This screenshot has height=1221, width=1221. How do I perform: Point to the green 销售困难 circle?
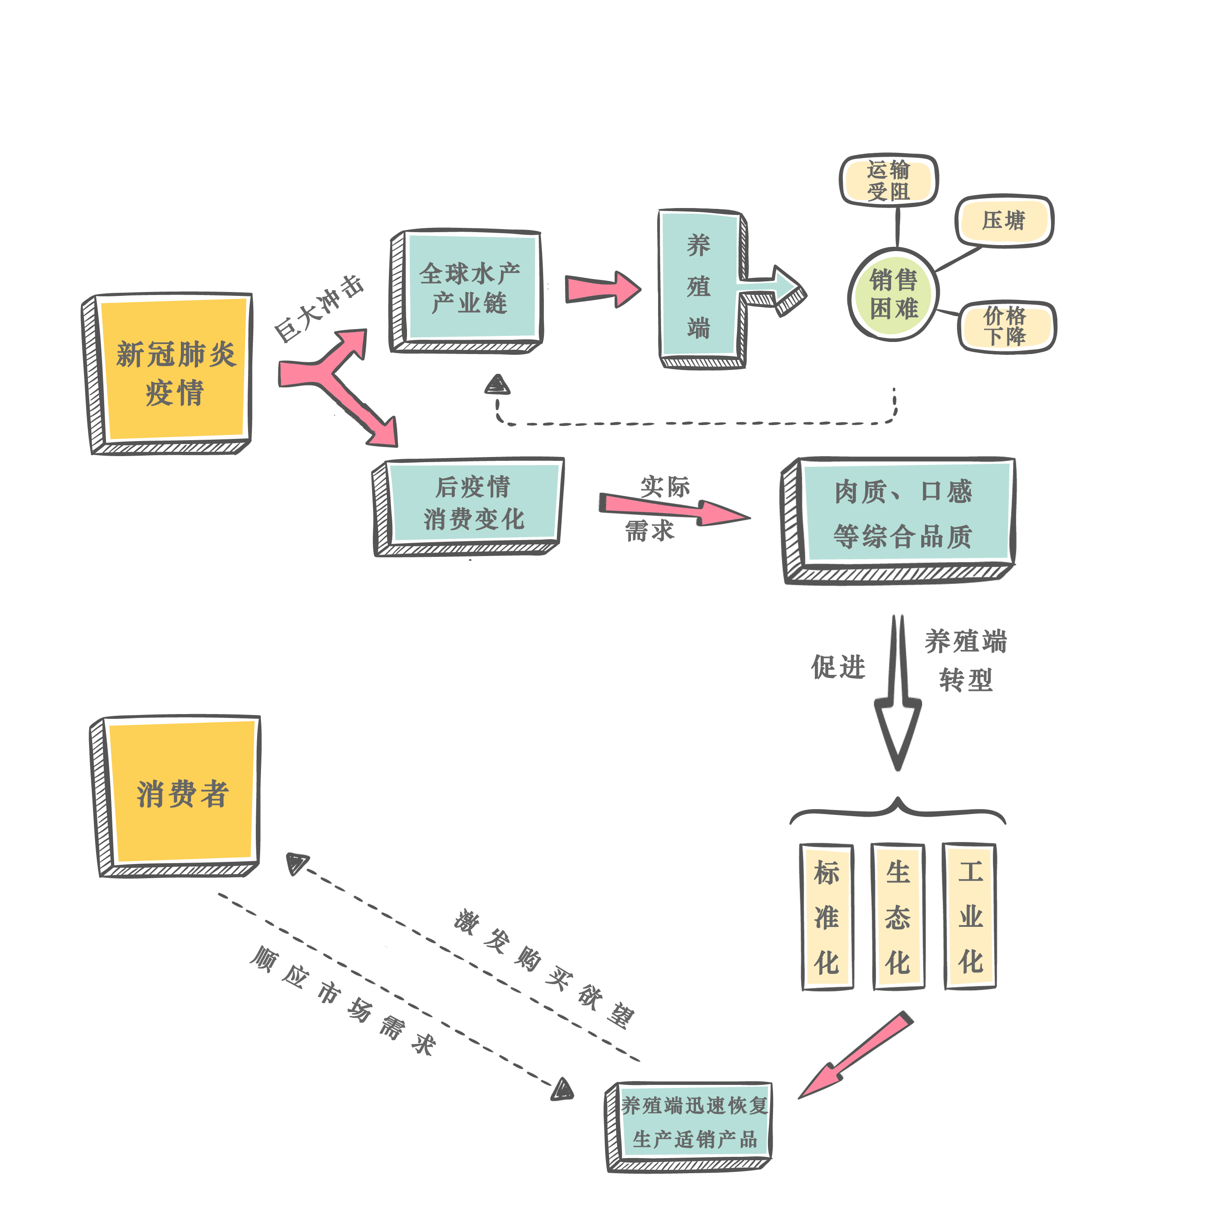click(x=893, y=294)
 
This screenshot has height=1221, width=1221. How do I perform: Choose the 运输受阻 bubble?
click(x=888, y=180)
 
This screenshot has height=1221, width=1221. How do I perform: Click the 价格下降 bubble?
click(x=1006, y=326)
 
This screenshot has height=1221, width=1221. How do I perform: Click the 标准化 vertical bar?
click(x=826, y=917)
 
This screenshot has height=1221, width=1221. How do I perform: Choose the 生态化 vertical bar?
click(x=898, y=917)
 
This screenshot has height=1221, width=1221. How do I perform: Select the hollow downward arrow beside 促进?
click(x=898, y=702)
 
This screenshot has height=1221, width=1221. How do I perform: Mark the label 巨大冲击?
click(x=319, y=308)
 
